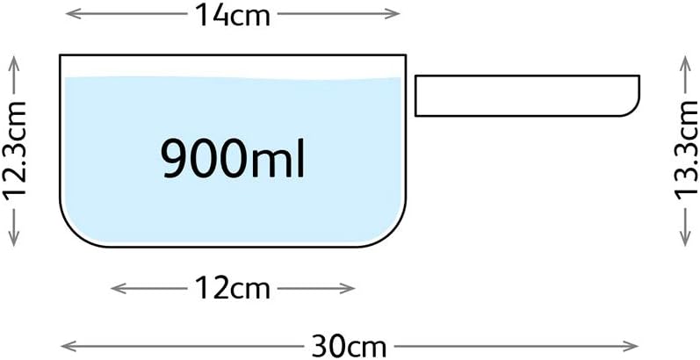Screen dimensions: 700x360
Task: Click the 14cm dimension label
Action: [x=232, y=16]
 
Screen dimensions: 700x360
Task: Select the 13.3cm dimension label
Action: [x=685, y=155]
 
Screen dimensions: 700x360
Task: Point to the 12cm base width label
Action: [x=232, y=289]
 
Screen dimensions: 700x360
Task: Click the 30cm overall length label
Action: [x=349, y=346]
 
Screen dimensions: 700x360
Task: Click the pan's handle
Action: [x=527, y=96]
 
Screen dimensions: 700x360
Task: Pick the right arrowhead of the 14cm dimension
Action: [x=393, y=14]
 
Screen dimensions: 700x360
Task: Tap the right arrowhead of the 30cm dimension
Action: [x=631, y=346]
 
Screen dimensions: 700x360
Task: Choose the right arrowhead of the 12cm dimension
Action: [x=348, y=289]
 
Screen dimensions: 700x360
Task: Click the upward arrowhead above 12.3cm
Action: [x=14, y=63]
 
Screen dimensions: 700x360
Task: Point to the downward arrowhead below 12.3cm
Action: [x=14, y=240]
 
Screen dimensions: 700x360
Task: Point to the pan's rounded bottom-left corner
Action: [x=74, y=234]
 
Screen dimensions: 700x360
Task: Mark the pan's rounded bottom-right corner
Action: [x=393, y=234]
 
